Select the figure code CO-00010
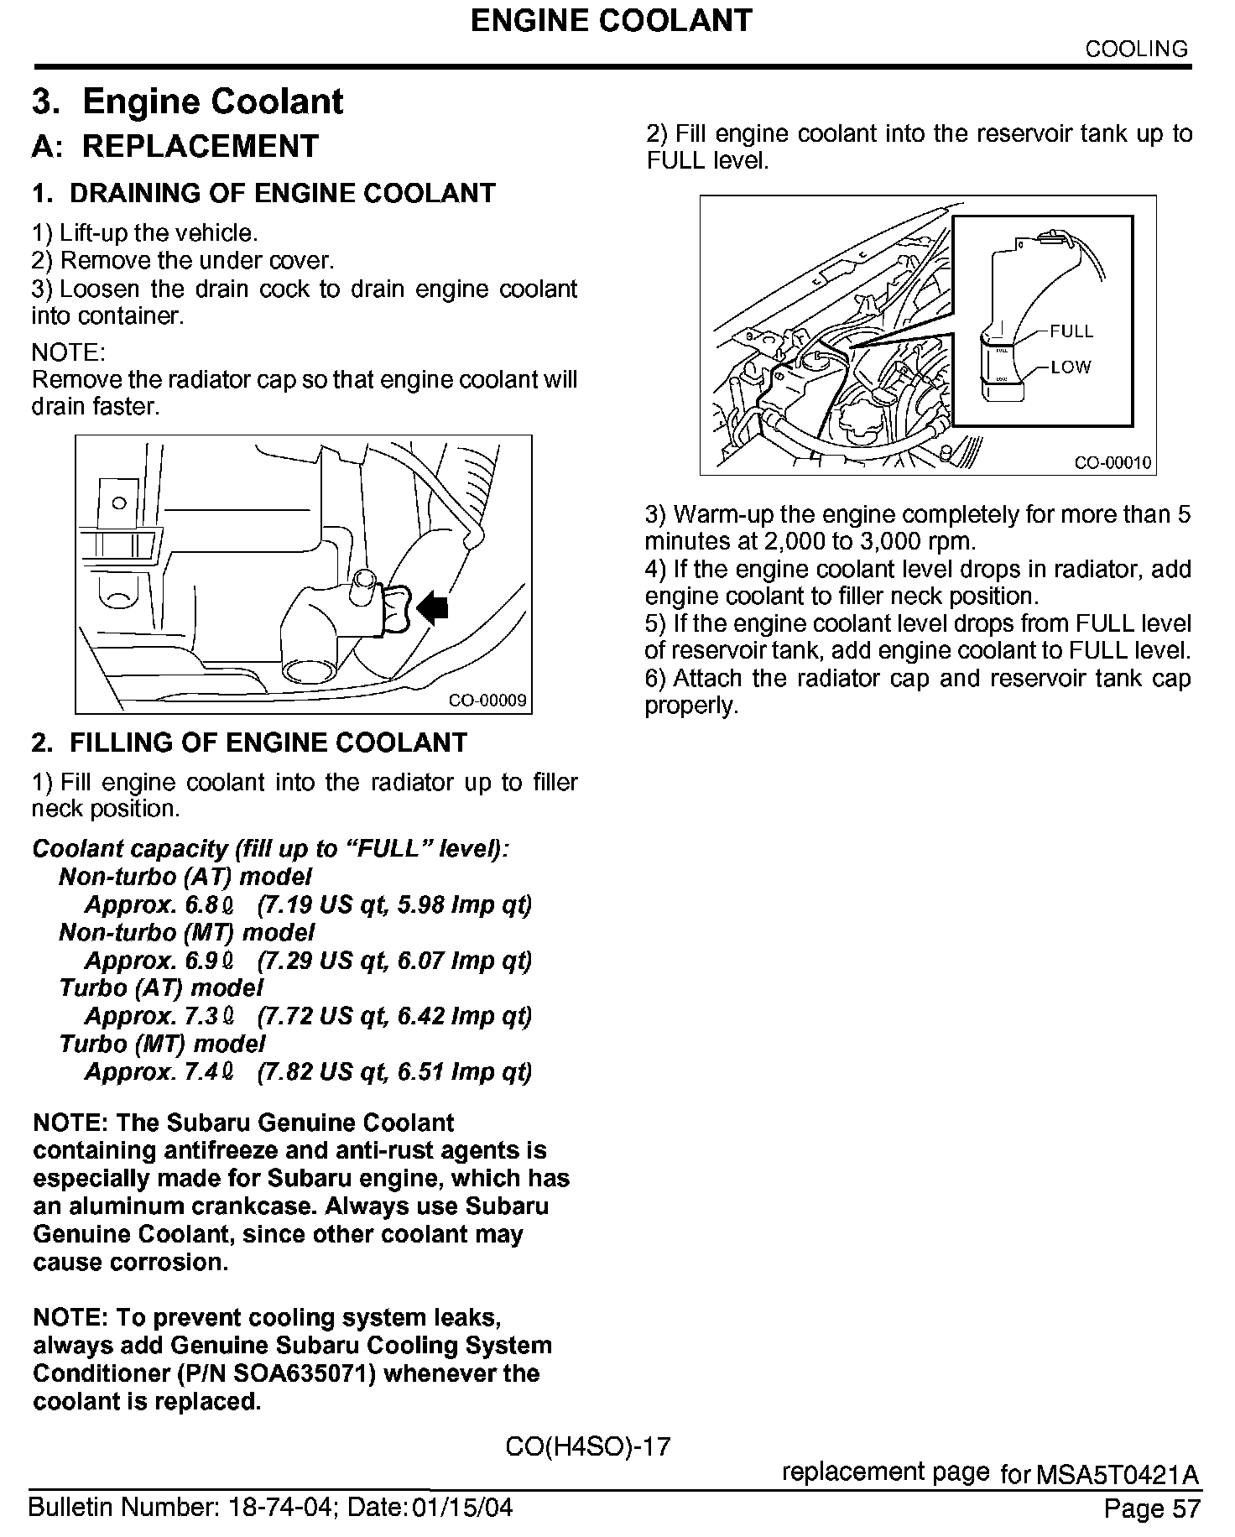tap(1113, 462)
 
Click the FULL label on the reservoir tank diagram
tap(1071, 331)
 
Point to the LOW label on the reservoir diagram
tap(1071, 367)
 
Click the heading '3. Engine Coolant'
tap(188, 102)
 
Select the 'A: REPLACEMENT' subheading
tap(175, 146)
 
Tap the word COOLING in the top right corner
tap(1137, 49)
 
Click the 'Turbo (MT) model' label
tap(162, 1044)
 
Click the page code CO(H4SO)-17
tap(588, 1446)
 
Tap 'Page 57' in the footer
tap(1152, 1508)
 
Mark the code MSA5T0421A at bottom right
tap(1117, 1474)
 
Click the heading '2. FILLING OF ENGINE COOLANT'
tap(249, 742)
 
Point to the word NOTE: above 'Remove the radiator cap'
tap(68, 352)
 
